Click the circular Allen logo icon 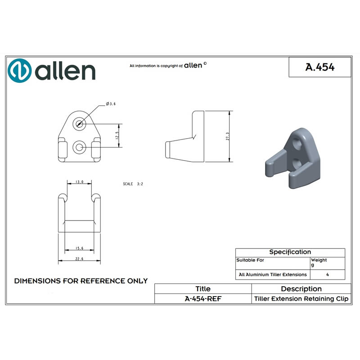[x=19, y=71]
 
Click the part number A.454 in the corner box [x=319, y=67]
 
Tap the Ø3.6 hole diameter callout [x=111, y=104]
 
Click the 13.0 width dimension [x=79, y=182]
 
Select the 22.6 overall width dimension [x=79, y=259]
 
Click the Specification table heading [x=290, y=252]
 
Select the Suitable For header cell [x=251, y=260]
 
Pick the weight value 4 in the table [x=327, y=274]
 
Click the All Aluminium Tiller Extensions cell [x=272, y=274]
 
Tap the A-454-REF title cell [x=203, y=299]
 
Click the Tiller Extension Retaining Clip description [x=301, y=299]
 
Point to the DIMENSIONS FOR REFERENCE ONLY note [x=81, y=281]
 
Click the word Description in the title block [x=301, y=289]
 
